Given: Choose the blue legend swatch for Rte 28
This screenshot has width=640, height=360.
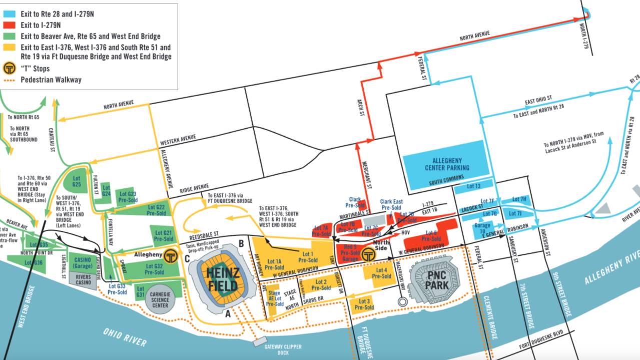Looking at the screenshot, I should (x=10, y=14).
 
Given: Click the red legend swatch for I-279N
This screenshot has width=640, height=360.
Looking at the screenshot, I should (x=10, y=25).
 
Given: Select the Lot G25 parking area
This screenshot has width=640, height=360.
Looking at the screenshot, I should (x=76, y=181).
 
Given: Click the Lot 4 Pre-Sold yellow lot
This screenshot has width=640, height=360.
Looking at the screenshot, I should (x=381, y=273).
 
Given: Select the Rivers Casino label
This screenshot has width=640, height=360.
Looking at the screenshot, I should (x=84, y=280).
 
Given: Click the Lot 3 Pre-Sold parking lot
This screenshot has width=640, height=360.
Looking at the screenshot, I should (x=365, y=304).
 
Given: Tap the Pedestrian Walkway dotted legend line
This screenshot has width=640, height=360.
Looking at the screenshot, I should (x=10, y=80).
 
